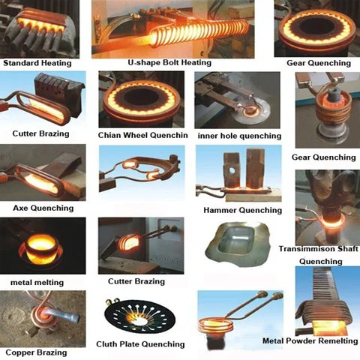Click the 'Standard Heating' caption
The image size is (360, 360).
click(x=37, y=63)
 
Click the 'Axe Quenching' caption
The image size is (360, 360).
click(x=43, y=207)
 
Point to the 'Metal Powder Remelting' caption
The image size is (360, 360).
click(x=309, y=340)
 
